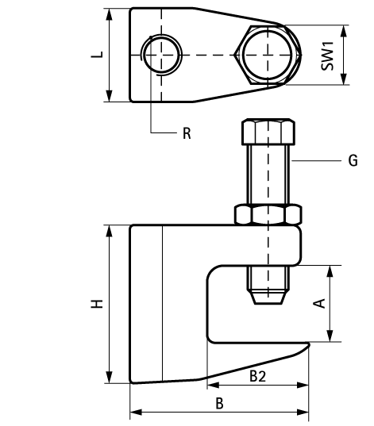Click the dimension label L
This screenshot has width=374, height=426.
[x=97, y=56]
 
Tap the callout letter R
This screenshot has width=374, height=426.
[x=187, y=133]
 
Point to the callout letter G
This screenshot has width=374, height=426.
[x=353, y=161]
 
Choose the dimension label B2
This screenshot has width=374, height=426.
[x=257, y=375]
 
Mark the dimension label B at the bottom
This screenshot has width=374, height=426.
[x=220, y=403]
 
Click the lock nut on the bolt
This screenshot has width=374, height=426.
[x=268, y=214]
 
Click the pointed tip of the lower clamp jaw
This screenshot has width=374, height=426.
[x=306, y=346]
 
